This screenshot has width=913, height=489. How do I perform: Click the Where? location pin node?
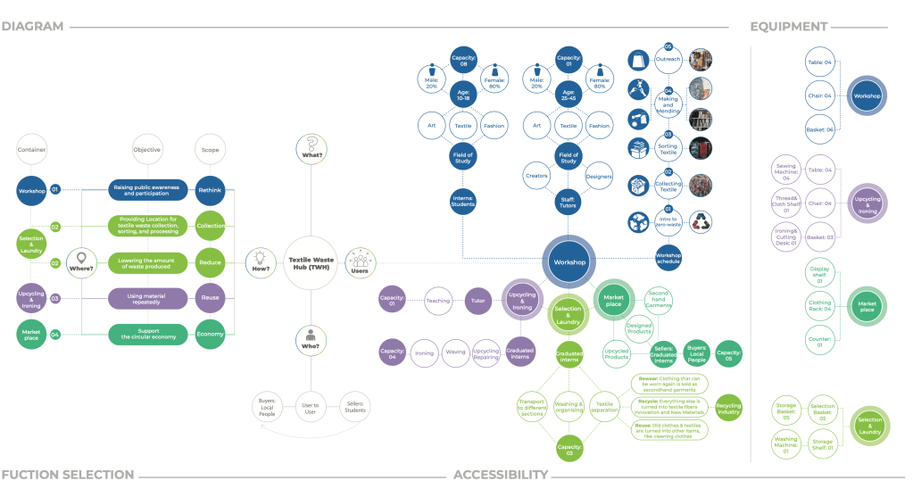pos(81,262)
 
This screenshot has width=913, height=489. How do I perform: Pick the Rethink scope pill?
pos(211,189)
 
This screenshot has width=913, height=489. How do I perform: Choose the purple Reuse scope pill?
pos(211,298)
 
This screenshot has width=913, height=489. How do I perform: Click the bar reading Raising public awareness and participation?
pos(148,189)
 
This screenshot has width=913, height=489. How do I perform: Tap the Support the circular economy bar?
pos(148,334)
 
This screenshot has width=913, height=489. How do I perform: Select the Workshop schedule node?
pos(668,256)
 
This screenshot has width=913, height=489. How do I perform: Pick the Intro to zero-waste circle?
pos(668,221)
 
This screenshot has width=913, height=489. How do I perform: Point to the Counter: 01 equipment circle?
pos(818,340)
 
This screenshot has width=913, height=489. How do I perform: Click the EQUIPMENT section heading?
pos(788,26)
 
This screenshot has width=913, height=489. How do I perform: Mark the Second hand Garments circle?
pos(659,299)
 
